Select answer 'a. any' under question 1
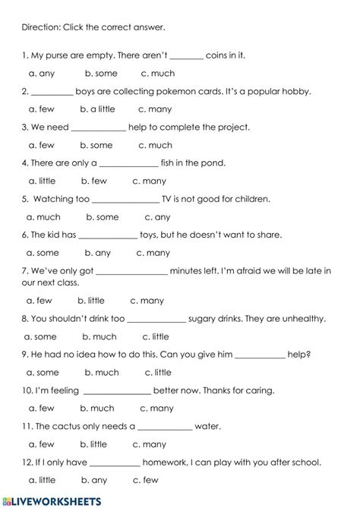pos(41,74)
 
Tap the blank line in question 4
pos(129,163)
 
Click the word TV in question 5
pos(171,199)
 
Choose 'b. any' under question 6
pos(97,253)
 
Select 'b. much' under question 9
pos(101,373)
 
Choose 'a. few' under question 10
pos(41,409)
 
